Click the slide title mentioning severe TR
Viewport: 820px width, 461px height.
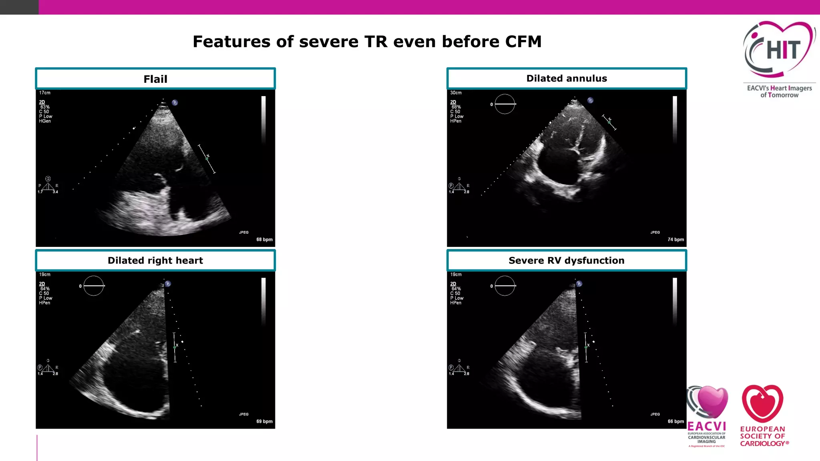click(367, 42)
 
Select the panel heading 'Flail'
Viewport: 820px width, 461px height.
click(155, 79)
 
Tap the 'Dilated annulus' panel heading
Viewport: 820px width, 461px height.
click(567, 78)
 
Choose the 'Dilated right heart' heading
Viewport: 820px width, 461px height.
click(155, 261)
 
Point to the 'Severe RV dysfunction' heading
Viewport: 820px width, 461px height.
click(567, 261)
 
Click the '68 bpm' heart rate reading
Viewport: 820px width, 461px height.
click(264, 239)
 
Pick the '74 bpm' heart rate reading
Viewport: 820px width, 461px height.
click(675, 239)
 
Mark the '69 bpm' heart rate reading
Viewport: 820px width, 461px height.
click(264, 421)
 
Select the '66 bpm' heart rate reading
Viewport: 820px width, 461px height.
click(675, 421)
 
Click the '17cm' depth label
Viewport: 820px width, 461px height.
click(45, 93)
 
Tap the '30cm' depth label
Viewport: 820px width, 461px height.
click(456, 93)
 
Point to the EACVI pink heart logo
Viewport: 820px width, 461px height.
click(708, 402)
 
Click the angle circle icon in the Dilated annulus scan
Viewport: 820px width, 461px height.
click(505, 104)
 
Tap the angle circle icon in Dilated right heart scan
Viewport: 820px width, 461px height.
click(94, 286)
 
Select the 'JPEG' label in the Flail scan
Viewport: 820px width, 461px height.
click(244, 233)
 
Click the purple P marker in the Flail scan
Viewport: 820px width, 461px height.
click(175, 102)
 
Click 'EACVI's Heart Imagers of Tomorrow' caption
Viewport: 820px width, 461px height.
click(779, 92)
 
